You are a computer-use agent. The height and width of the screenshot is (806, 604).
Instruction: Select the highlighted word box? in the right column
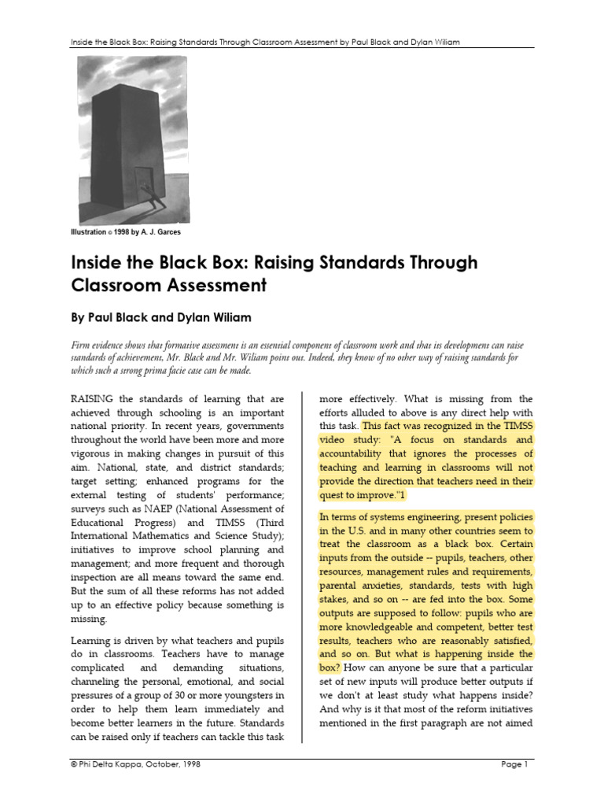[x=329, y=667]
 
